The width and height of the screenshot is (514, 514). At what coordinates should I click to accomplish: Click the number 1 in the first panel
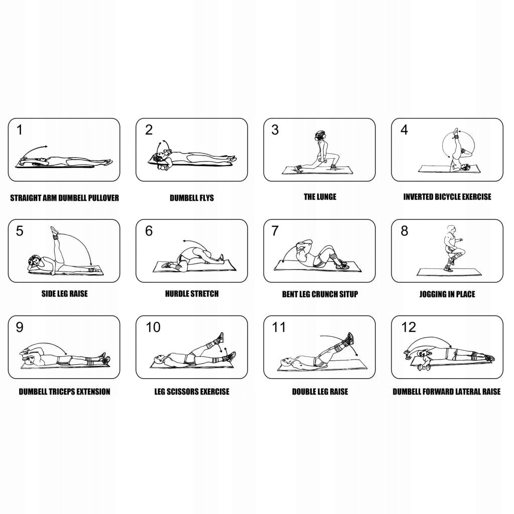coord(20,130)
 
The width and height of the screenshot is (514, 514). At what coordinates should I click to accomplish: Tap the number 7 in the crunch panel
coord(275,231)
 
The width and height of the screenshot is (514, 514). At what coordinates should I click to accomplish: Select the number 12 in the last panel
coord(409,327)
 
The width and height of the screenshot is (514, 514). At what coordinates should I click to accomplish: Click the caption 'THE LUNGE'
coord(320,197)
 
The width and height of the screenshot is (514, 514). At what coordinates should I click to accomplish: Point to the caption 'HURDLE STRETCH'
coord(192,293)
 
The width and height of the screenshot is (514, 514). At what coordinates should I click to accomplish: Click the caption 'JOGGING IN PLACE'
coord(447,294)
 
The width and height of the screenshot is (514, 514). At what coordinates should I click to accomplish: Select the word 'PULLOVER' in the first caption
coord(103,198)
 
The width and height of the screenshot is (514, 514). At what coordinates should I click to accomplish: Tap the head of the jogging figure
coord(451,229)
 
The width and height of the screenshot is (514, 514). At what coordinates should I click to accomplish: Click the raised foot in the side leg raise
coord(54,230)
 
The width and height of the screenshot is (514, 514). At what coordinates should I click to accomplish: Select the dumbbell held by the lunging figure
coord(320,161)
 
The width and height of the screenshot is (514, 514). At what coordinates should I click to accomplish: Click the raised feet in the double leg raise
coord(349,339)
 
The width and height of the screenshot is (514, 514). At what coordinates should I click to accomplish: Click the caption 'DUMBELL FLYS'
coord(192,198)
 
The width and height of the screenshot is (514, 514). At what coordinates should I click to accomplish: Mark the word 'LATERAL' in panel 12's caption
coord(466,392)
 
